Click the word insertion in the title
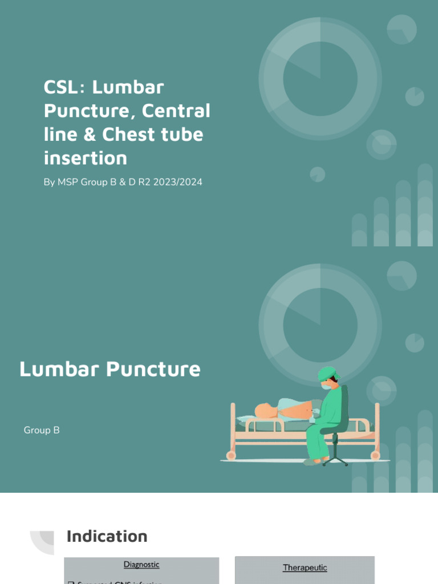[x=85, y=157]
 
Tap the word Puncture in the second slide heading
[x=153, y=369]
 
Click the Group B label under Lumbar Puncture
[x=42, y=430]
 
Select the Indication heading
[x=107, y=536]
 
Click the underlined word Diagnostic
[x=141, y=565]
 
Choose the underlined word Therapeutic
[x=305, y=567]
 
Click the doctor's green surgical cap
[x=327, y=374]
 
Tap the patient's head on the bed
[x=264, y=411]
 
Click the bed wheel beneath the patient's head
[x=231, y=456]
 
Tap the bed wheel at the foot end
[x=375, y=456]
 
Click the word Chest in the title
[x=125, y=135]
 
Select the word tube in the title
[x=181, y=135]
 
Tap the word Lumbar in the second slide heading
[x=60, y=369]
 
